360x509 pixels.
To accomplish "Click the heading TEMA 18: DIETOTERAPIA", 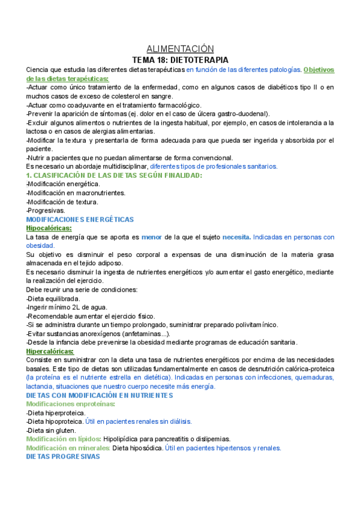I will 180,60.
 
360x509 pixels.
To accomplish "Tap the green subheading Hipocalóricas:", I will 49,229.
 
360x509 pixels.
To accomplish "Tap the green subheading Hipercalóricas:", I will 50,351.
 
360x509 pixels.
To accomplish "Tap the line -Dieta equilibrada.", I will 53,298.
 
